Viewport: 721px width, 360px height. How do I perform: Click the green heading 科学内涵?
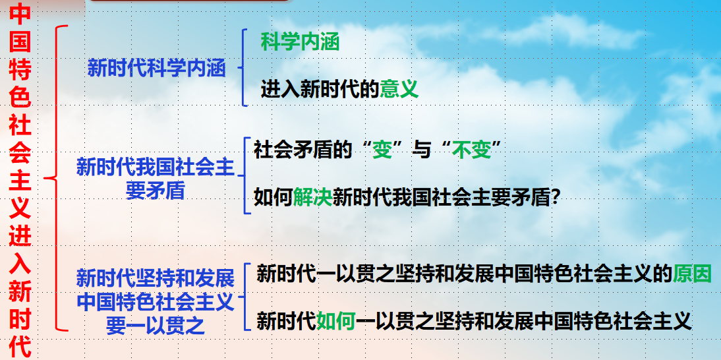tap(300, 42)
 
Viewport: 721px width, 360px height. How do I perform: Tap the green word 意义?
tap(399, 89)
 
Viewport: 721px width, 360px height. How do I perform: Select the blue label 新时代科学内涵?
tap(157, 69)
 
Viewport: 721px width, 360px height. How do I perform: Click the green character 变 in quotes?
tap(382, 150)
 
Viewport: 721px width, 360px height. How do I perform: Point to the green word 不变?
tap(471, 150)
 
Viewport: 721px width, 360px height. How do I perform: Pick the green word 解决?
tap(312, 198)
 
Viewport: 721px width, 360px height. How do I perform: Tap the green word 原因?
tap(693, 274)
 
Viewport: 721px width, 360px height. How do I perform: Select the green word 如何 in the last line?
tap(335, 320)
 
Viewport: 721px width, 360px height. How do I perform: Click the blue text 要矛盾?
tap(155, 191)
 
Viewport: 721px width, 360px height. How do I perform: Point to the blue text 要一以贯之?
tap(155, 326)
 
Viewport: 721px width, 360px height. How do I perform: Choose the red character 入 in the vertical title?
tap(20, 264)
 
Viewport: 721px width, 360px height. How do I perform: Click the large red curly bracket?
tap(56, 178)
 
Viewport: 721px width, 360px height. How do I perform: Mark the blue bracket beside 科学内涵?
tap(243, 68)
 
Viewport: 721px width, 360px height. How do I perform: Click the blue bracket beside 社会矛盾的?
tap(245, 175)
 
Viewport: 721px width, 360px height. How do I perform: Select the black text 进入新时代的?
tap(320, 89)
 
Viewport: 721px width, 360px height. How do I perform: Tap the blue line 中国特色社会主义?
tap(155, 302)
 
